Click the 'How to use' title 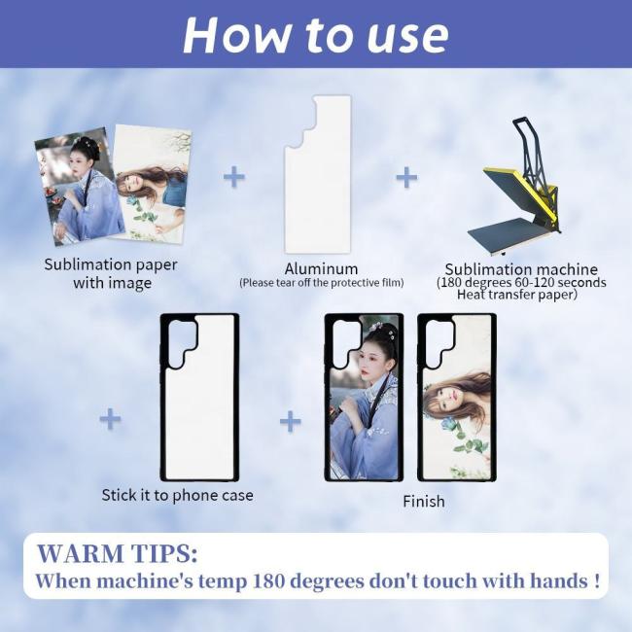(316, 35)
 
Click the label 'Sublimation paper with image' (111, 273)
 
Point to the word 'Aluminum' (321, 268)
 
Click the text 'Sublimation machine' (521, 268)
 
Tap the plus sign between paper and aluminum (234, 177)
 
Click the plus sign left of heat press (406, 177)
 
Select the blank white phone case (200, 397)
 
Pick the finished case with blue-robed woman (364, 397)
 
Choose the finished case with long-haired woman (457, 397)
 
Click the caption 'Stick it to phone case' (177, 495)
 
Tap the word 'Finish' (424, 501)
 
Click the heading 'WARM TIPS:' (118, 553)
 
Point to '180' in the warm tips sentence (268, 581)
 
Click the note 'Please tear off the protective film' (322, 283)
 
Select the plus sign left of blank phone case (110, 419)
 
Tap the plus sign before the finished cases (290, 421)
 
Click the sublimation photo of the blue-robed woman (80, 186)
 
